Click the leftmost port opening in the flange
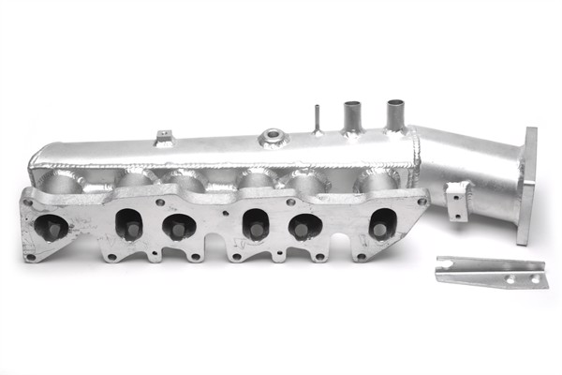click(51, 226)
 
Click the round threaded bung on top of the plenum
click(273, 137)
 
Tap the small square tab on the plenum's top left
click(165, 138)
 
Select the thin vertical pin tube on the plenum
click(318, 120)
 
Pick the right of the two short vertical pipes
click(394, 114)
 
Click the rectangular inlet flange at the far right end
click(527, 186)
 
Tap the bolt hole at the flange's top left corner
click(31, 200)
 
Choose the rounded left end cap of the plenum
click(37, 161)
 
